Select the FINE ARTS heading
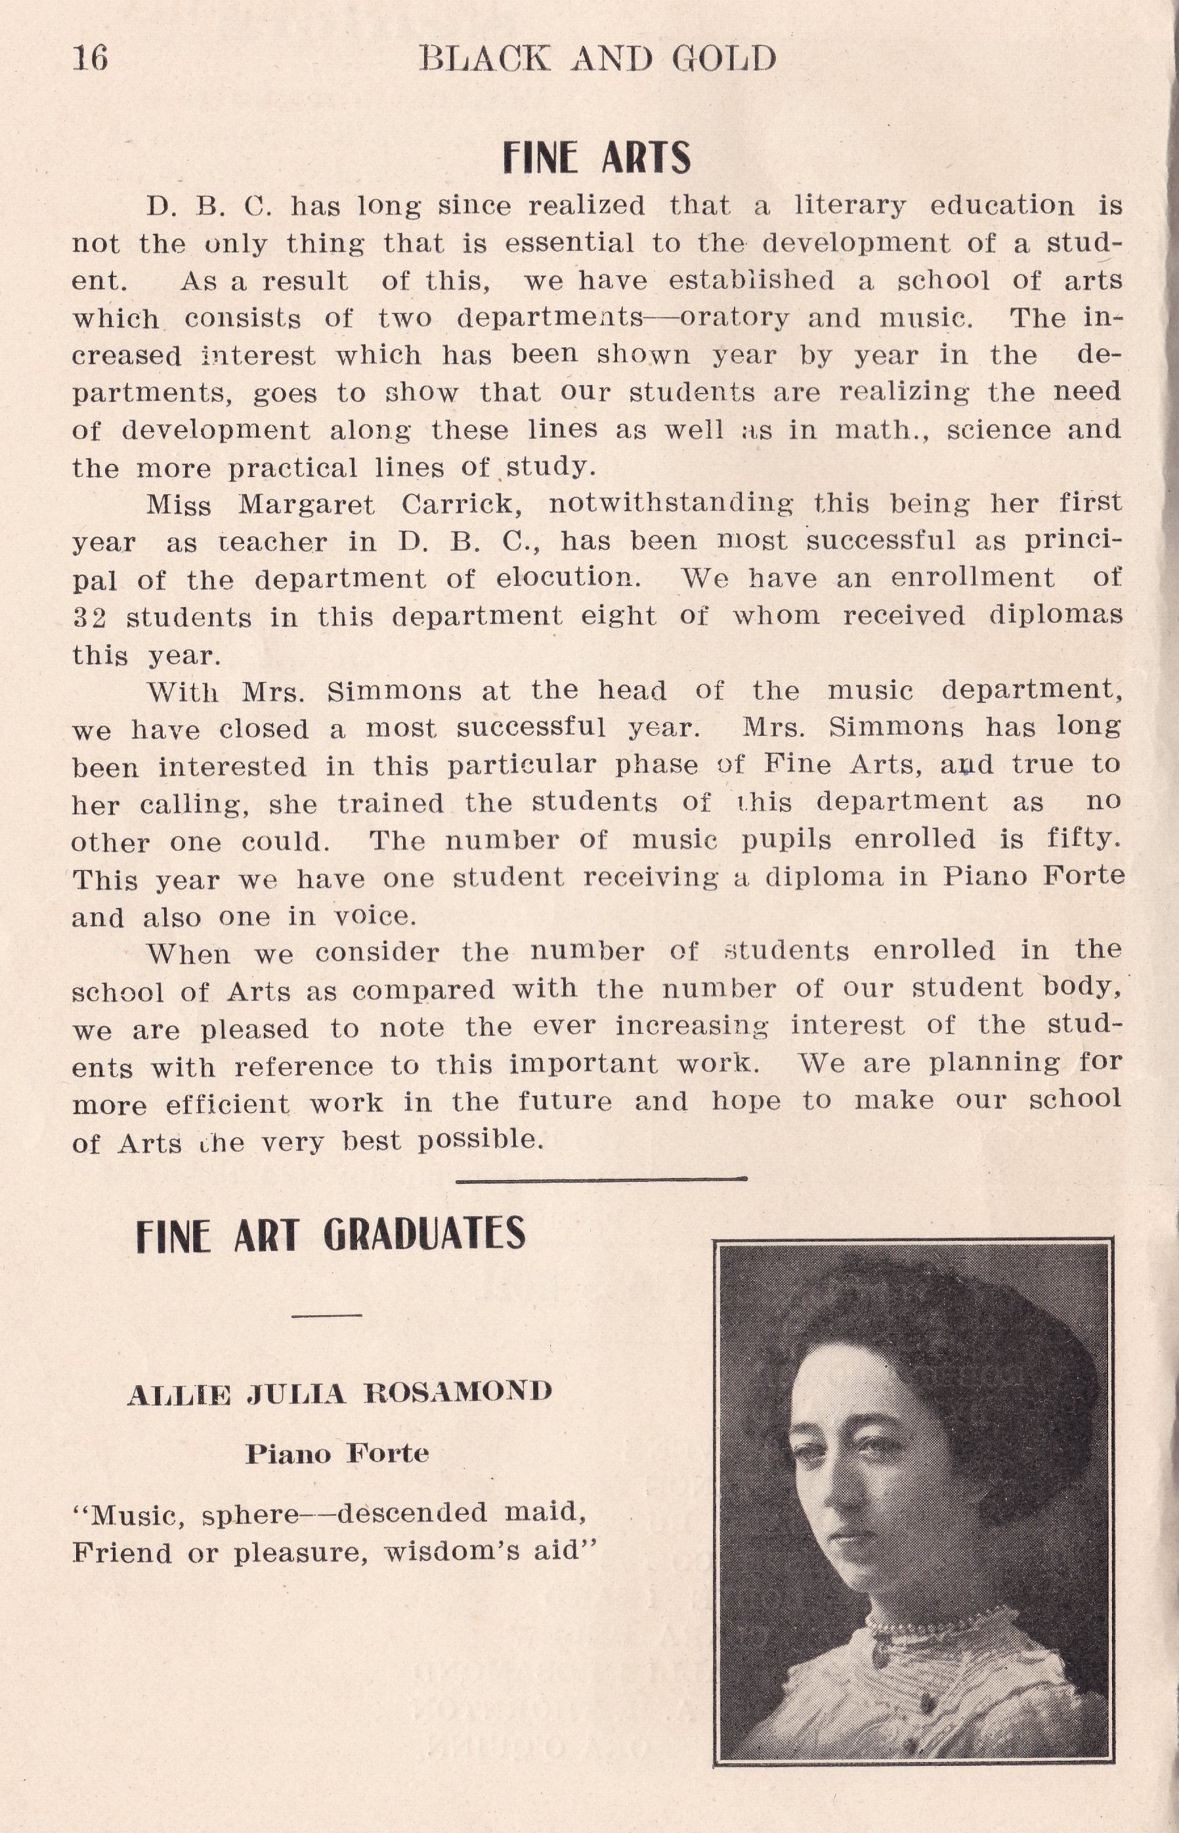[x=596, y=158]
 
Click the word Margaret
[x=306, y=505]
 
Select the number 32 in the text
[x=89, y=617]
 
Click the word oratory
[x=733, y=317]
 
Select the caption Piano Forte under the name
[x=337, y=1453]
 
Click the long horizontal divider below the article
[x=601, y=1179]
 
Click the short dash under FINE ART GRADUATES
[x=327, y=1316]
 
